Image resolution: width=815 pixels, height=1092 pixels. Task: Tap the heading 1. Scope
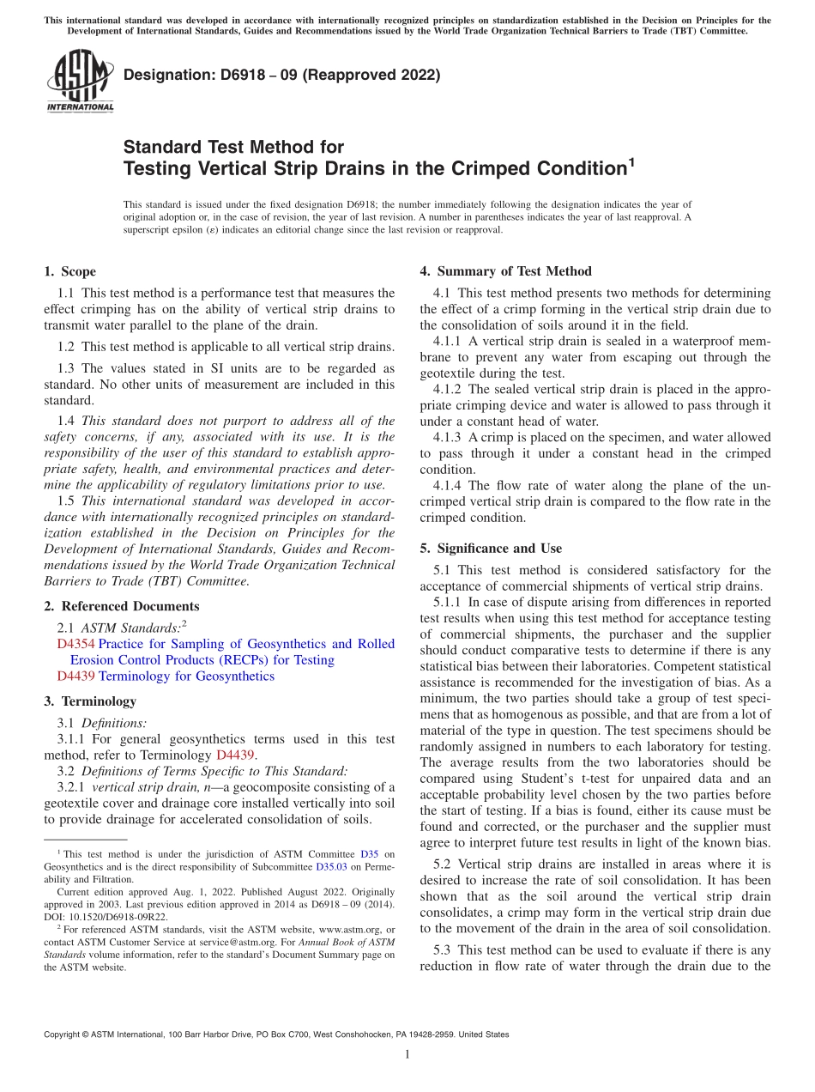tap(69, 271)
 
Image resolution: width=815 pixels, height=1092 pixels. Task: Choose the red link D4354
tap(75, 644)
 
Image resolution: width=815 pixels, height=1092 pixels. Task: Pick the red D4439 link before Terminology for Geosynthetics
tap(75, 676)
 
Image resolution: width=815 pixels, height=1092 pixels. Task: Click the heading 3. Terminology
tap(90, 701)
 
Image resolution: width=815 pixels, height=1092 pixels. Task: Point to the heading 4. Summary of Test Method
tap(505, 271)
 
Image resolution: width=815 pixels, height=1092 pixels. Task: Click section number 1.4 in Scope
tap(65, 421)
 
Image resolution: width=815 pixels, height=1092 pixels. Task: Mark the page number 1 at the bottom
tap(407, 1054)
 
